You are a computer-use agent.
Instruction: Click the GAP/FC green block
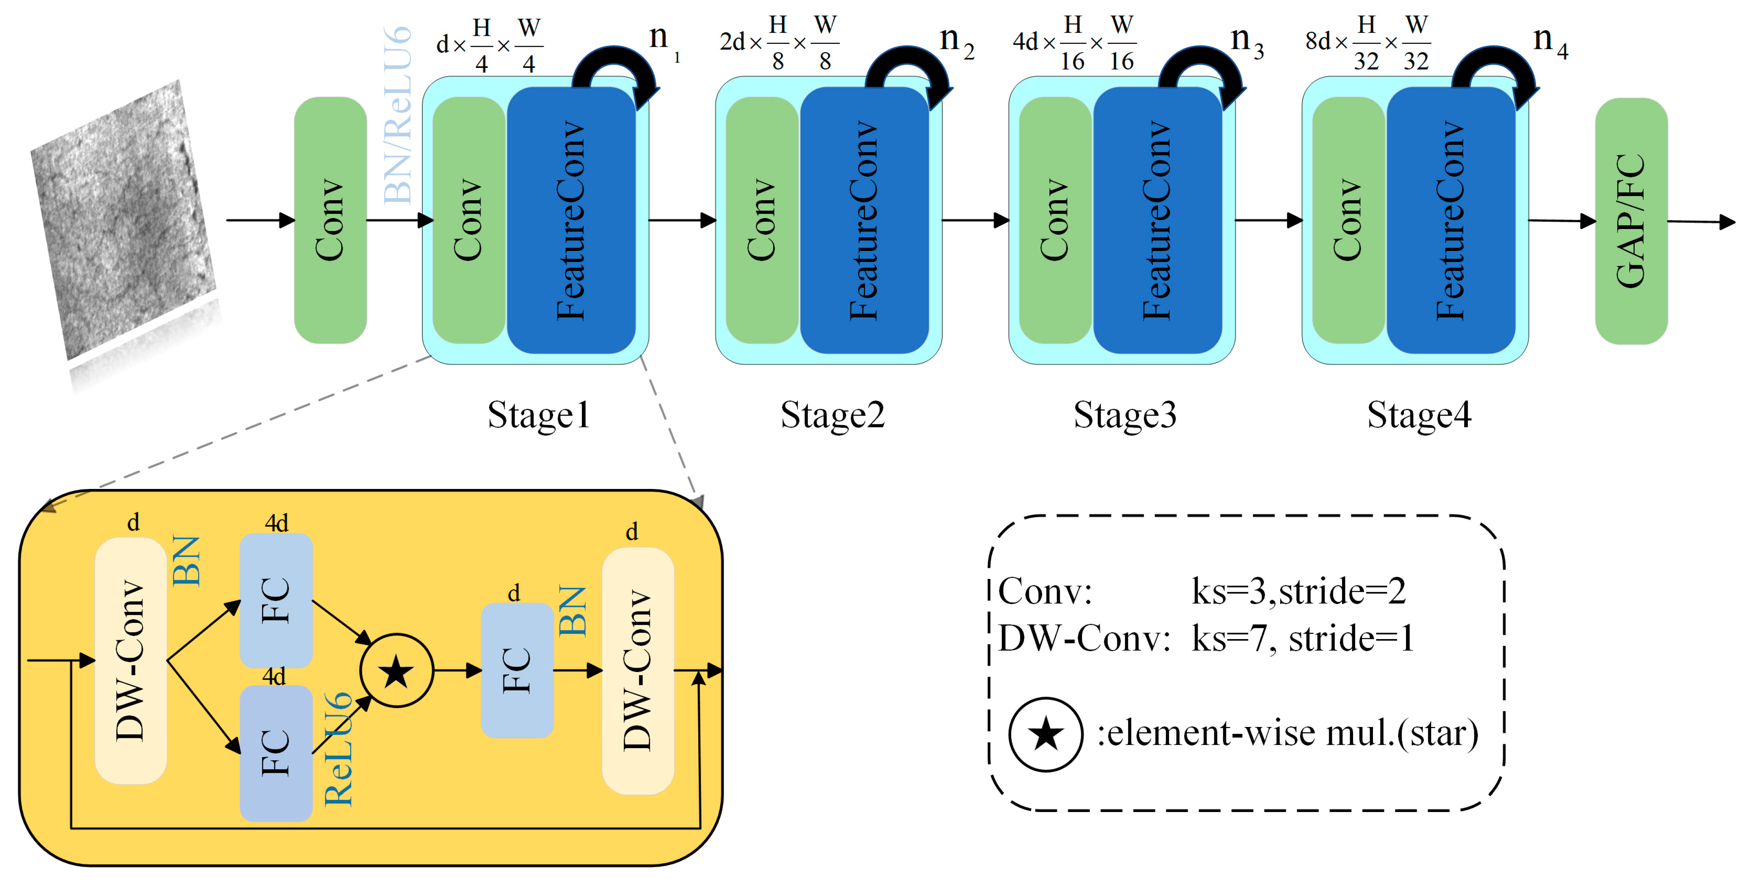[x=1631, y=221]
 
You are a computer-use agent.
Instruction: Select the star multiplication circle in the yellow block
[x=396, y=671]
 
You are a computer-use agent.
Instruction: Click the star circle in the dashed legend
[x=1045, y=734]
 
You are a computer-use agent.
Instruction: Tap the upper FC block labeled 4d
[x=276, y=600]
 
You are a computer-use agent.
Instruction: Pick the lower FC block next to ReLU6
[x=276, y=753]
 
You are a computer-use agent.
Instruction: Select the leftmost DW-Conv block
[x=131, y=660]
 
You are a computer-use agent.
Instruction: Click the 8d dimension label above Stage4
[x=1317, y=42]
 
